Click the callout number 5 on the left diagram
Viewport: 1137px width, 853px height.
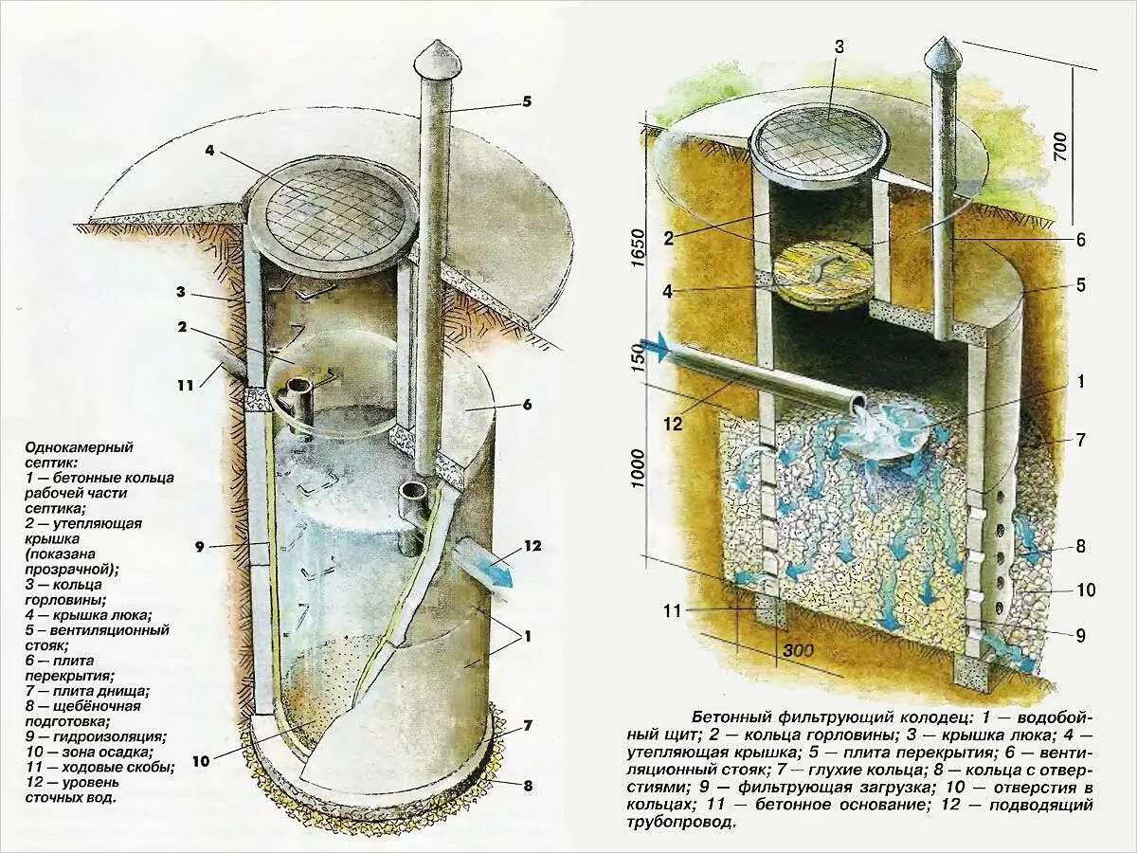527,101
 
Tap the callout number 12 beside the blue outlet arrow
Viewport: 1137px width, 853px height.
532,546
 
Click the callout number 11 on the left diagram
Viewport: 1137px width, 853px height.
185,386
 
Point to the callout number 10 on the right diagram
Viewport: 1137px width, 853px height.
1086,590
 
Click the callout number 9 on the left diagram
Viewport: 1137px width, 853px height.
199,546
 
